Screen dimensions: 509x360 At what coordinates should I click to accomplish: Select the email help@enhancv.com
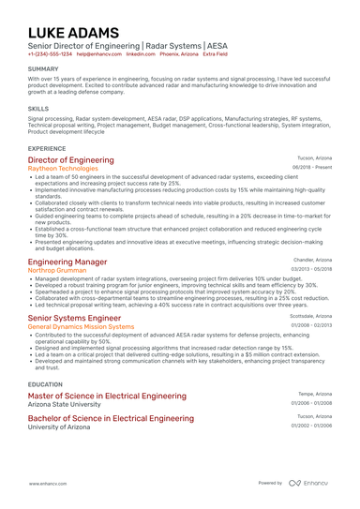pyautogui.click(x=98, y=54)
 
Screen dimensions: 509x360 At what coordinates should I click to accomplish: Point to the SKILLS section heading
pyautogui.click(x=38, y=108)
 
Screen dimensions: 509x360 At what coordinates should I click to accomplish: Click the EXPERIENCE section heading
pyautogui.click(x=47, y=148)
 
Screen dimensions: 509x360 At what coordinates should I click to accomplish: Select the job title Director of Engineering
pyautogui.click(x=71, y=160)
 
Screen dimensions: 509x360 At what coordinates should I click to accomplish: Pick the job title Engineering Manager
pyautogui.click(x=67, y=261)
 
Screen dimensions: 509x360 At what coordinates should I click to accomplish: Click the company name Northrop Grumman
pyautogui.click(x=59, y=269)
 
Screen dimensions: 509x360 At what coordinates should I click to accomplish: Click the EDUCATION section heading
pyautogui.click(x=46, y=384)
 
